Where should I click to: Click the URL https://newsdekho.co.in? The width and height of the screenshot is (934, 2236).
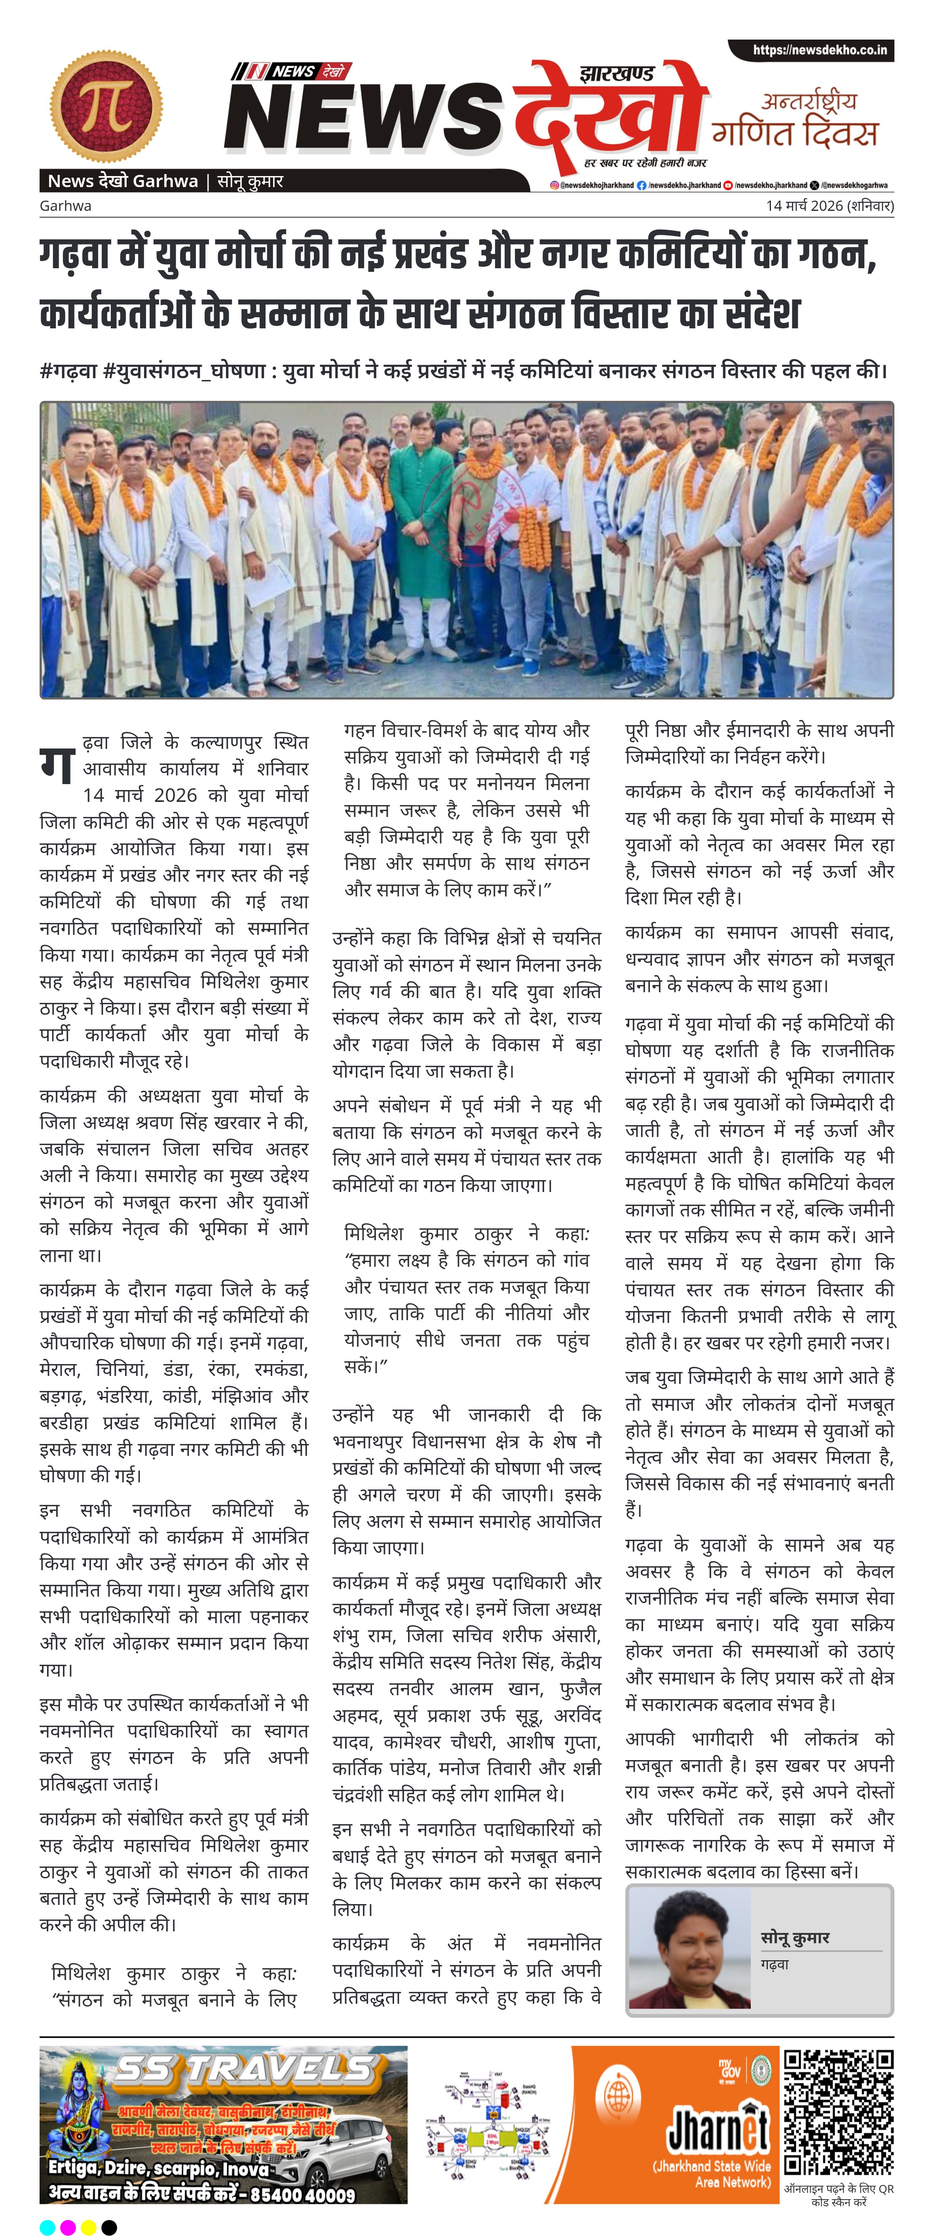(819, 50)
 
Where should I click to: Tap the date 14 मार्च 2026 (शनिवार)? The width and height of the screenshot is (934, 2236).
(829, 206)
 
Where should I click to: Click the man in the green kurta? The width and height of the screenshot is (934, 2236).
(421, 529)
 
